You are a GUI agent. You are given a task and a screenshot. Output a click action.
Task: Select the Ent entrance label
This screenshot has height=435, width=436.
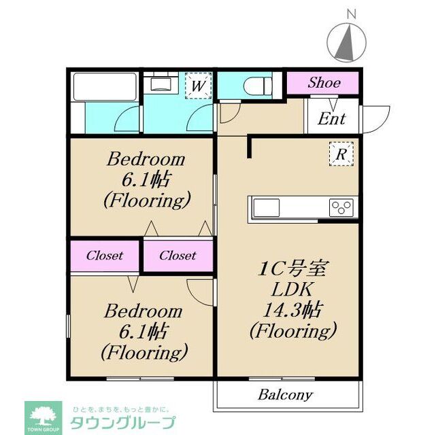pyautogui.click(x=332, y=120)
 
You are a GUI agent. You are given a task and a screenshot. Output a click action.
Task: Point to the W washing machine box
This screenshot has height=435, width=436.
pyautogui.click(x=198, y=86)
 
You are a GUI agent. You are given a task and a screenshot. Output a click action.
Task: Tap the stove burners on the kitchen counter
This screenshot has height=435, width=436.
pyautogui.click(x=342, y=207)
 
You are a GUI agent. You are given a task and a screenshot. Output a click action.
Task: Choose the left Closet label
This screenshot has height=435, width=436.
pyautogui.click(x=104, y=256)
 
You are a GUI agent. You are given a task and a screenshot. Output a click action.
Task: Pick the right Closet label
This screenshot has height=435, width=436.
pyautogui.click(x=178, y=256)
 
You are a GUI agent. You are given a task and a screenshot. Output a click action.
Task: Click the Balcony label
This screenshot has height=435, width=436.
pyautogui.click(x=285, y=394)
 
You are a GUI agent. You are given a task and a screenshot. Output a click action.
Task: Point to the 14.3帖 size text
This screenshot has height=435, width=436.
pyautogui.click(x=292, y=310)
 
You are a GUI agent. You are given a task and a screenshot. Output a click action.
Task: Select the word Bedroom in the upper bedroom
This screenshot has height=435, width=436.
pyautogui.click(x=145, y=160)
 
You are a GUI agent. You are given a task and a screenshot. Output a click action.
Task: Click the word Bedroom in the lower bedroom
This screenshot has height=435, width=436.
pyautogui.click(x=143, y=311)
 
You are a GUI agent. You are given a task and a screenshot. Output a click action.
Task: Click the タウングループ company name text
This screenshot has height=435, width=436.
pyautogui.click(x=122, y=421)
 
